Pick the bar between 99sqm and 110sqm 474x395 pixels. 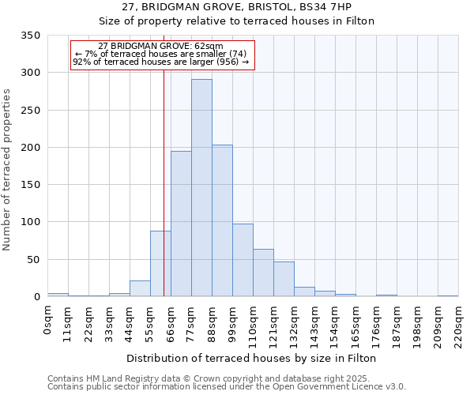pyautogui.click(x=243, y=260)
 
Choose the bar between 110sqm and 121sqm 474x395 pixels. pyautogui.click(x=263, y=273)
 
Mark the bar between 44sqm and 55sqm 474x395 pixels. pyautogui.click(x=140, y=288)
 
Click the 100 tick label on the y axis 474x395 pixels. pyautogui.click(x=31, y=222)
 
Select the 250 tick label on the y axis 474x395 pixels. pyautogui.click(x=31, y=110)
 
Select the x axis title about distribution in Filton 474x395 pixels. pyautogui.click(x=251, y=358)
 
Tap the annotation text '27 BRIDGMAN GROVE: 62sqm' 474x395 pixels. pyautogui.click(x=161, y=47)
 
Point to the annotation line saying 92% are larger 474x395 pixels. pyautogui.click(x=161, y=61)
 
